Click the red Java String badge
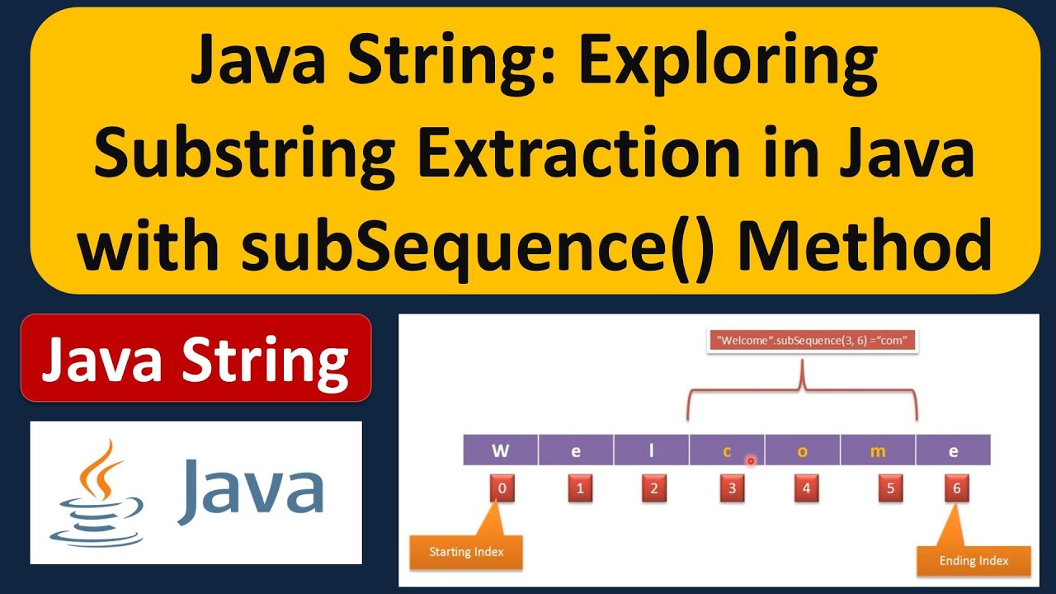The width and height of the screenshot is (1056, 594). click(x=196, y=358)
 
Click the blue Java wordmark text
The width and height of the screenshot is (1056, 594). click(x=250, y=490)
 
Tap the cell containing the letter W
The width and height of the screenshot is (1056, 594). click(x=500, y=450)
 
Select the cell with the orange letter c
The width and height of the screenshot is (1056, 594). click(x=727, y=450)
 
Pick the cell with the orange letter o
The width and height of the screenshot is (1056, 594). click(x=803, y=450)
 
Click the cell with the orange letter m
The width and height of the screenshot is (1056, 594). click(x=878, y=450)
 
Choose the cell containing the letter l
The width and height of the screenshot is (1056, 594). click(x=651, y=450)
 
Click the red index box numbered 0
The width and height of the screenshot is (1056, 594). click(x=502, y=488)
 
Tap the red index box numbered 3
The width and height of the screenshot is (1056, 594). click(x=731, y=488)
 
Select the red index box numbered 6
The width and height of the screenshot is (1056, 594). click(x=957, y=488)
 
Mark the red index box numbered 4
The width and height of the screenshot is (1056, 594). click(x=806, y=488)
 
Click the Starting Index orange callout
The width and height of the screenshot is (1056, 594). click(x=466, y=552)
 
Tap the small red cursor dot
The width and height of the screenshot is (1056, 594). click(x=751, y=461)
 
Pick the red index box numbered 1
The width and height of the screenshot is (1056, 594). click(x=580, y=488)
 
